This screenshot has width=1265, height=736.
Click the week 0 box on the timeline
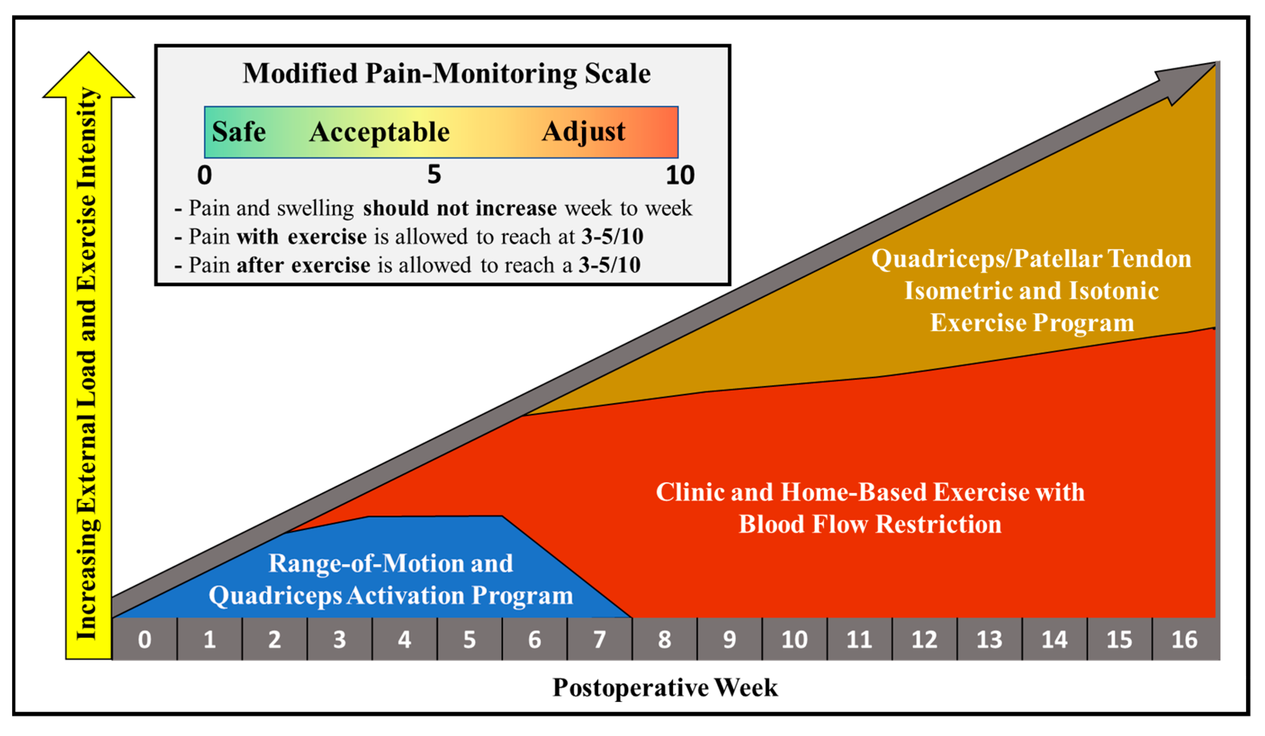click(x=145, y=639)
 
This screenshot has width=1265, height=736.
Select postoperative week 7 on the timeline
click(x=599, y=639)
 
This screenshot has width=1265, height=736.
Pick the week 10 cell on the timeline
click(x=795, y=639)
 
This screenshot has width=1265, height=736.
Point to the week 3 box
click(x=339, y=639)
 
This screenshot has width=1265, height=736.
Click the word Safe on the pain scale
click(x=239, y=132)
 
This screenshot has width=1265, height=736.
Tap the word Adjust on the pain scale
click(x=584, y=133)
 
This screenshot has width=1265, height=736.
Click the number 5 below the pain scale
click(x=434, y=175)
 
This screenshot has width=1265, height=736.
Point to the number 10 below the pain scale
click(x=680, y=175)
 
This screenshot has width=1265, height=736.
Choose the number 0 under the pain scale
click(x=204, y=175)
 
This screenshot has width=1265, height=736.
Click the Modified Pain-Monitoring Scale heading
click(x=447, y=73)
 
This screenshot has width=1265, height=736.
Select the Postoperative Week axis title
click(x=665, y=687)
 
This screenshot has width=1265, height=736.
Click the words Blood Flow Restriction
click(x=870, y=524)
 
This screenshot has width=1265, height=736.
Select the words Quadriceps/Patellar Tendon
click(x=1032, y=259)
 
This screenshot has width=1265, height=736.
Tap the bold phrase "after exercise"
click(x=304, y=265)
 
